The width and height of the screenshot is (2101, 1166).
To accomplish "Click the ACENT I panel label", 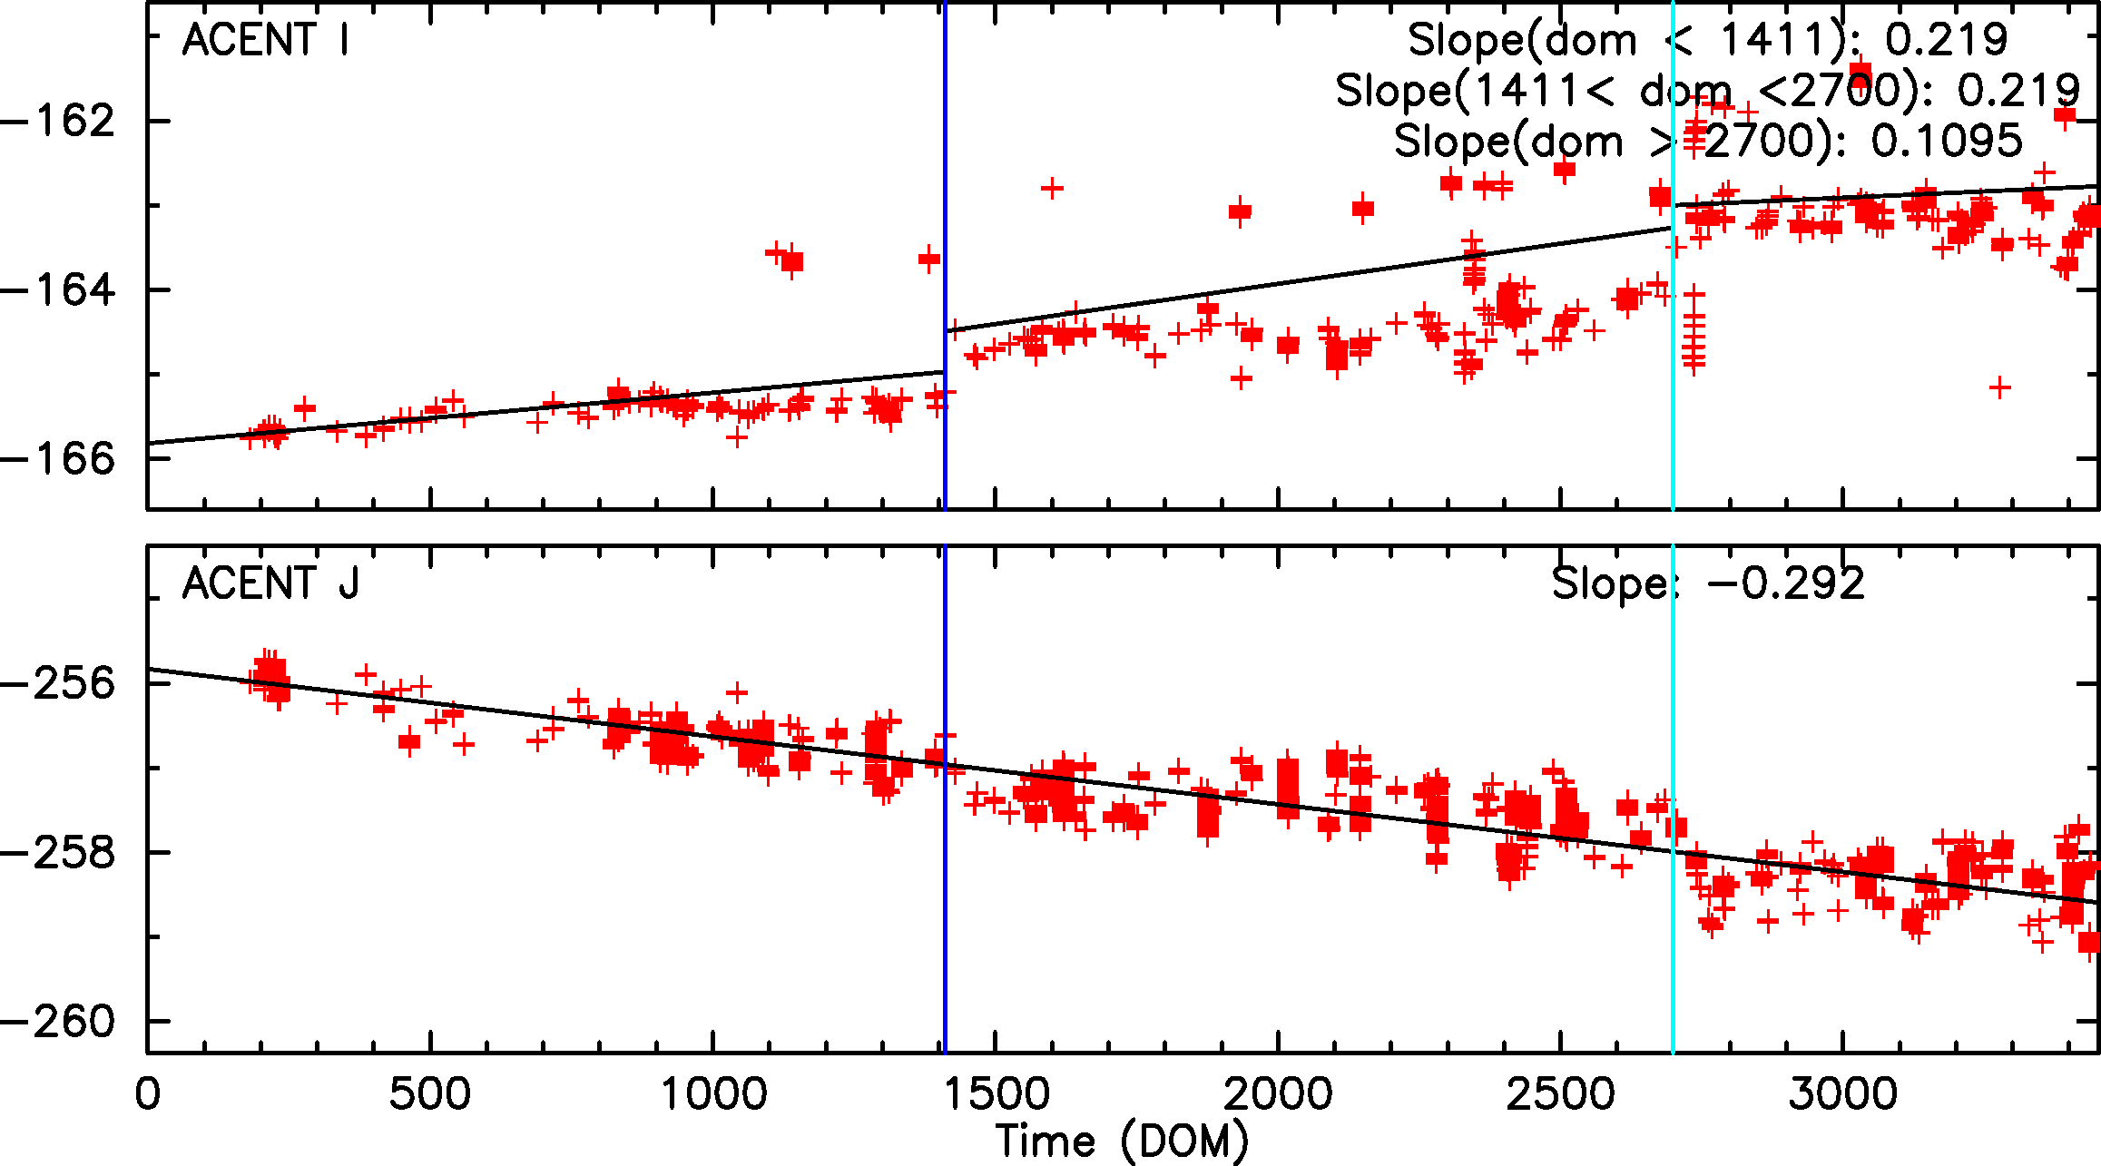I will pos(265,41).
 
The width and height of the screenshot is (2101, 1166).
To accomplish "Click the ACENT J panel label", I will pos(270,583).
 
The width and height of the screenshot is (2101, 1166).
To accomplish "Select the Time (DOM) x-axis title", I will pos(1122,1141).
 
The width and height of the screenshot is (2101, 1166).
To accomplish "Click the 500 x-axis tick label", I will pos(430,1093).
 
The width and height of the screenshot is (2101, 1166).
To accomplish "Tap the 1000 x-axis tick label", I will pos(713,1093).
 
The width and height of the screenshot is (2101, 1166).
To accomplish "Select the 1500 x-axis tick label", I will pos(996,1093).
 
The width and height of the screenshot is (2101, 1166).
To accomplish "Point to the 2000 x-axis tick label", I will pos(1278,1093).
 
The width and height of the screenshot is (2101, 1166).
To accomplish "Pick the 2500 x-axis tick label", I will pos(1560,1093).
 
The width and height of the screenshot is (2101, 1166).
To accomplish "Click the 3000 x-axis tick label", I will pos(1843,1093).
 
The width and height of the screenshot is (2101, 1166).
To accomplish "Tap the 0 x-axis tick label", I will pos(148,1093).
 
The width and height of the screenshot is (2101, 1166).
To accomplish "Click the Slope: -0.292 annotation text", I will pos(1707,583).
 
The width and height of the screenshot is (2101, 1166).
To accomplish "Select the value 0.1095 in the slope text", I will pos(1947,142).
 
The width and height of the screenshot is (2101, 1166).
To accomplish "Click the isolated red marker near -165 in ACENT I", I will pos(1999,388).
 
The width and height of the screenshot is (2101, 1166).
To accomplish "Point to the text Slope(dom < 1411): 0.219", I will pos(1707,41).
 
